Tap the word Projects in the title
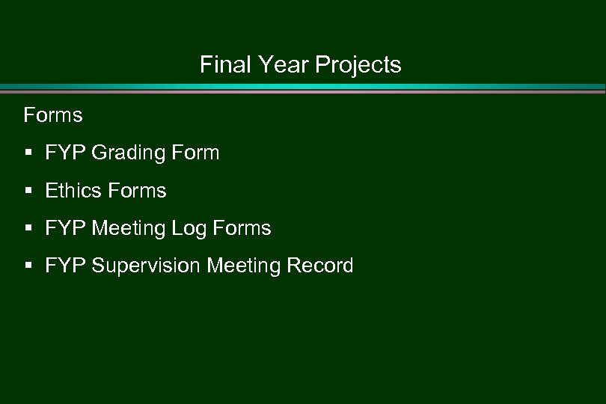(x=358, y=66)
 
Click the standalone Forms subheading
(x=53, y=115)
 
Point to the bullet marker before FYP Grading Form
(x=28, y=153)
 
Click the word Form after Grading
(x=195, y=153)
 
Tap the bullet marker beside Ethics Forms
(x=28, y=191)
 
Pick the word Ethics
(x=73, y=191)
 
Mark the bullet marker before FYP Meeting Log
(x=28, y=228)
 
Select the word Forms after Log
(x=242, y=228)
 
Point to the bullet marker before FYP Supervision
(x=28, y=266)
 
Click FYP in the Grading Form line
(x=65, y=153)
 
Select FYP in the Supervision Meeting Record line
(x=65, y=266)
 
